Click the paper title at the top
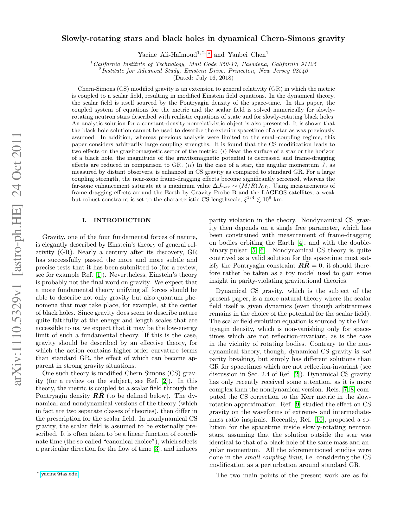[x=203, y=39]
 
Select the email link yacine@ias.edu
[x=59, y=474]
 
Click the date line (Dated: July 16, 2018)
[x=203, y=78]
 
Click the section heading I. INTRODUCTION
[x=116, y=220]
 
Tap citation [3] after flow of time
[x=156, y=449]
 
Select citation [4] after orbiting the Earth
[x=301, y=243]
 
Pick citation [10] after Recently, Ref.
[x=319, y=420]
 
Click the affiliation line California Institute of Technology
[x=204, y=64]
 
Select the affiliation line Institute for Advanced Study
[x=204, y=71]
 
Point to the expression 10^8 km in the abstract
[x=273, y=200]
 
